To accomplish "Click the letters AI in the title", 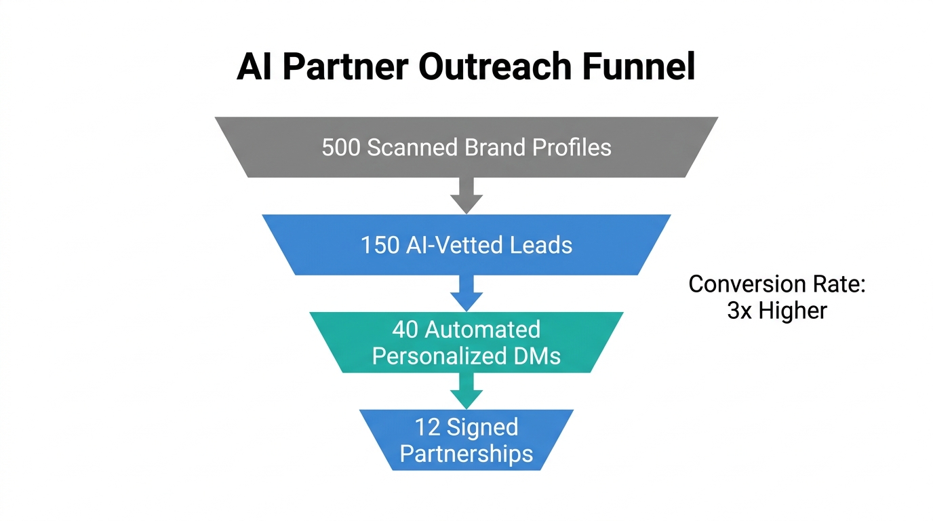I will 254,67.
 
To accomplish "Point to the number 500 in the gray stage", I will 341,148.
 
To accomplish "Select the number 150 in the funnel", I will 380,245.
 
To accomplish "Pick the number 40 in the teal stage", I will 405,330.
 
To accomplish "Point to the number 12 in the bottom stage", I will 428,427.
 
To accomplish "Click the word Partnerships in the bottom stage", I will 466,453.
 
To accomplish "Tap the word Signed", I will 483,427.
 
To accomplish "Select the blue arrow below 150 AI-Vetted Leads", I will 466,293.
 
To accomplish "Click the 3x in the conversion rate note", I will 740,311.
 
